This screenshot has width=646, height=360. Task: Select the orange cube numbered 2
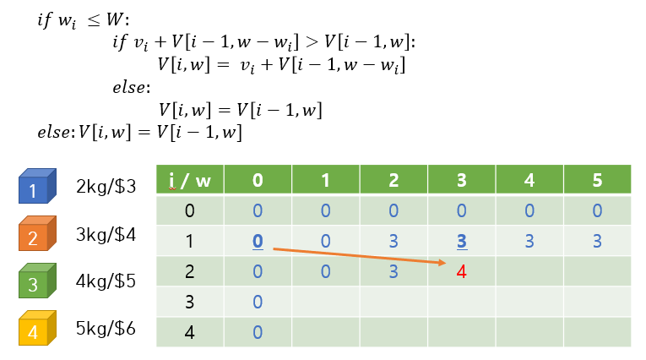[x=37, y=236]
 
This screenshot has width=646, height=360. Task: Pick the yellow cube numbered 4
[x=37, y=330]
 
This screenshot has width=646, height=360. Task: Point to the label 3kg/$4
[x=106, y=236]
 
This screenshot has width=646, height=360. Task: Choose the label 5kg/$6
[x=106, y=330]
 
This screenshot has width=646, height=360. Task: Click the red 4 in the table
[x=461, y=272]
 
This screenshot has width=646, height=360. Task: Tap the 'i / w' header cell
[x=190, y=179]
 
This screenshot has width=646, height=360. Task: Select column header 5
[x=597, y=179]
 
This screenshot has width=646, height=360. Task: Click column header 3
[x=461, y=179]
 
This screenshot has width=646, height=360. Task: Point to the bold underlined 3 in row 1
[x=461, y=241]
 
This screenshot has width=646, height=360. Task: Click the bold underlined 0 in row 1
[x=258, y=241]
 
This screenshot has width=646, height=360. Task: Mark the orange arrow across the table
[x=358, y=256]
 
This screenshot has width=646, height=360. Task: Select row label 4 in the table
[x=190, y=332]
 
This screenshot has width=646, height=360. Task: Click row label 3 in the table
[x=190, y=302]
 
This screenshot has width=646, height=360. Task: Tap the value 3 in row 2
[x=394, y=272]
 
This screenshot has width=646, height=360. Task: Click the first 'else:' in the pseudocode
[x=131, y=87]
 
